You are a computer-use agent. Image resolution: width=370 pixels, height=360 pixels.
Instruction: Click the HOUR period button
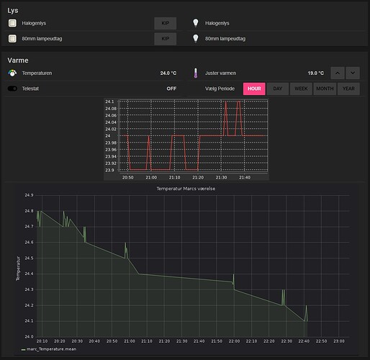click(x=254, y=89)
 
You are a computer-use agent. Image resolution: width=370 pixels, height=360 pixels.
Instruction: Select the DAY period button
click(x=278, y=89)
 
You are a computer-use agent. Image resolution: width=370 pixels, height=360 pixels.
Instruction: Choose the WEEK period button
click(x=301, y=89)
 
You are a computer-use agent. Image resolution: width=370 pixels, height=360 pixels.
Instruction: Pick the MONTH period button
click(x=325, y=89)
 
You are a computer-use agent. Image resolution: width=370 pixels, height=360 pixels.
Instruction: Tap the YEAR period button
click(x=348, y=89)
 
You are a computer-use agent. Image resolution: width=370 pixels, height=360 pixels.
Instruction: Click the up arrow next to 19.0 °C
click(x=338, y=73)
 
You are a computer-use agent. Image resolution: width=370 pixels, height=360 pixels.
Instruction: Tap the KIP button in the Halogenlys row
click(x=166, y=23)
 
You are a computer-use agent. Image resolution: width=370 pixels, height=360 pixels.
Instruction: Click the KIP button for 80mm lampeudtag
click(x=166, y=39)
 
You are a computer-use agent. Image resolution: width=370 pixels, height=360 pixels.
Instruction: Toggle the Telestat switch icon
click(x=12, y=89)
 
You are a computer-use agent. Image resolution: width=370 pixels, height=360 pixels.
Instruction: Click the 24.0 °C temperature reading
click(x=168, y=73)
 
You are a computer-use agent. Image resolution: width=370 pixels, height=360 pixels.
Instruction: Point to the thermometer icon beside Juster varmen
click(x=196, y=73)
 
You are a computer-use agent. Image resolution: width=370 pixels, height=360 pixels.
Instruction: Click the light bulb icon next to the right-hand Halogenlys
click(x=196, y=23)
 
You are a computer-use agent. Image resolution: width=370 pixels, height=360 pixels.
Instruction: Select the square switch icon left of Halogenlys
click(x=12, y=23)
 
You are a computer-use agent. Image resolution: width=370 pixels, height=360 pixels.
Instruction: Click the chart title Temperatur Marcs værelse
click(x=186, y=189)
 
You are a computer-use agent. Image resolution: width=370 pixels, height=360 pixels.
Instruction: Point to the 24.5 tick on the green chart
click(x=29, y=258)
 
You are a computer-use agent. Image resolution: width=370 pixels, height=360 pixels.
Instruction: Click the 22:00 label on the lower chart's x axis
click(x=234, y=341)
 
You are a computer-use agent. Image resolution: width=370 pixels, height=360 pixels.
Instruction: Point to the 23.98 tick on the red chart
click(x=111, y=143)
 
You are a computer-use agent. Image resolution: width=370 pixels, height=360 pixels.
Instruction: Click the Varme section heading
click(x=18, y=60)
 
